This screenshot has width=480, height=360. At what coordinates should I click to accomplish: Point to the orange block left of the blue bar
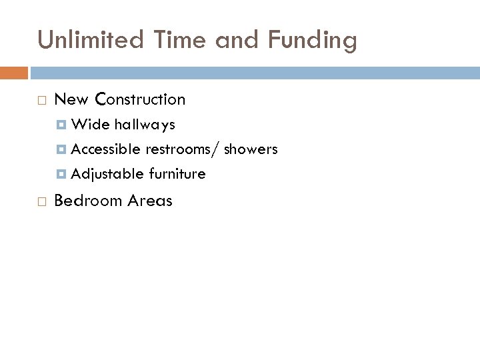(x=13, y=72)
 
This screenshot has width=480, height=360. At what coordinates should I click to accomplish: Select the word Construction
(x=140, y=99)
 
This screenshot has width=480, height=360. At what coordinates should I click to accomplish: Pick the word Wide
(x=90, y=125)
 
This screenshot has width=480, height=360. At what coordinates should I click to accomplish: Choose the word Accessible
(x=105, y=149)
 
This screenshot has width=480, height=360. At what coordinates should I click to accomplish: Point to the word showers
(x=251, y=149)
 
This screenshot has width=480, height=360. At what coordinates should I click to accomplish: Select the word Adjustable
(x=107, y=175)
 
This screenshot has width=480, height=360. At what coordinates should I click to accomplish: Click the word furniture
(x=177, y=174)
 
